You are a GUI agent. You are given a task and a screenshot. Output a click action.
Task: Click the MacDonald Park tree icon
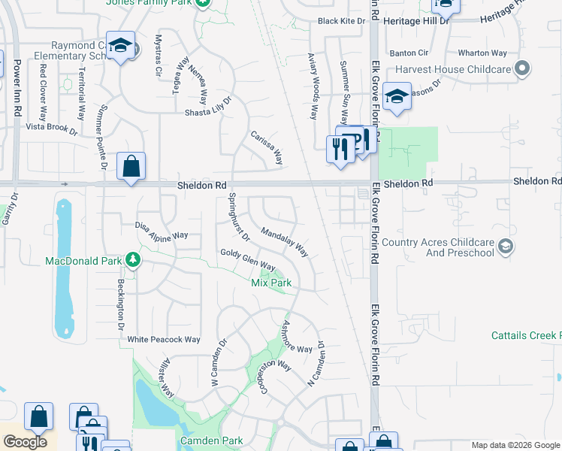(x=133, y=260)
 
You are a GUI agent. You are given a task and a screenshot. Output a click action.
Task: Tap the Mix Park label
(x=270, y=283)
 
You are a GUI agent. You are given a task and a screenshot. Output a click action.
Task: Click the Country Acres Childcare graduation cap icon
(x=506, y=247)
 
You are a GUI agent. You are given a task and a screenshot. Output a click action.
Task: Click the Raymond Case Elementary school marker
(x=120, y=47)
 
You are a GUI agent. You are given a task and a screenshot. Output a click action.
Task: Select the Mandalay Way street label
(x=285, y=242)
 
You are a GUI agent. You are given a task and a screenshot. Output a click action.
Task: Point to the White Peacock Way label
(x=164, y=340)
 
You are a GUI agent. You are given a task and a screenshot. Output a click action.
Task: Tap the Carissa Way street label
(x=267, y=147)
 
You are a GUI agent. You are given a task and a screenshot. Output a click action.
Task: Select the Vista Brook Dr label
(x=52, y=128)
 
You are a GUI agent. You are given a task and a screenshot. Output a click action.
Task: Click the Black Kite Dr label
(x=341, y=21)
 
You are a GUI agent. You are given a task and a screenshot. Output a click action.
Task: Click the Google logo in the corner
(x=26, y=442)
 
